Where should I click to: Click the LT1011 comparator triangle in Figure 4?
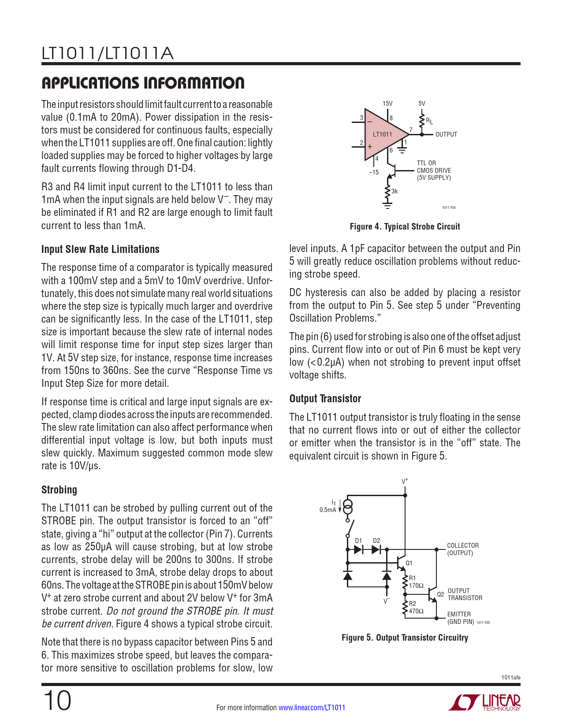[x=383, y=134]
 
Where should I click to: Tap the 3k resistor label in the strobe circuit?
[x=395, y=191]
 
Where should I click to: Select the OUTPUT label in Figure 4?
[x=446, y=134]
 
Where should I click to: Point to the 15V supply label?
[x=387, y=104]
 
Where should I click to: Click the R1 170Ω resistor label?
[x=416, y=582]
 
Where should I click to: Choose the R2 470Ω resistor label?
[x=416, y=608]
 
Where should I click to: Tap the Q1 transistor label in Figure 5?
[x=409, y=563]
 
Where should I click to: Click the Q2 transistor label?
[x=440, y=594]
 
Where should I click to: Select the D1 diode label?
[x=358, y=541]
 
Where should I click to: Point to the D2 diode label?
[x=376, y=541]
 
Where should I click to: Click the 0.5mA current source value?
[x=328, y=510]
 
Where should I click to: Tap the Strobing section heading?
[x=59, y=490]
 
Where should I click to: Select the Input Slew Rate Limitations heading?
[x=100, y=249]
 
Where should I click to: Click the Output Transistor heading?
[x=325, y=399]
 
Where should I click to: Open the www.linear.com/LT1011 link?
[x=312, y=708]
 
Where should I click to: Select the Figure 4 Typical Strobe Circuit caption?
[x=405, y=226]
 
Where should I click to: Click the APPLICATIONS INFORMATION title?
[x=143, y=83]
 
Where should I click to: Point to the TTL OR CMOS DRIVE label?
[x=434, y=170]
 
